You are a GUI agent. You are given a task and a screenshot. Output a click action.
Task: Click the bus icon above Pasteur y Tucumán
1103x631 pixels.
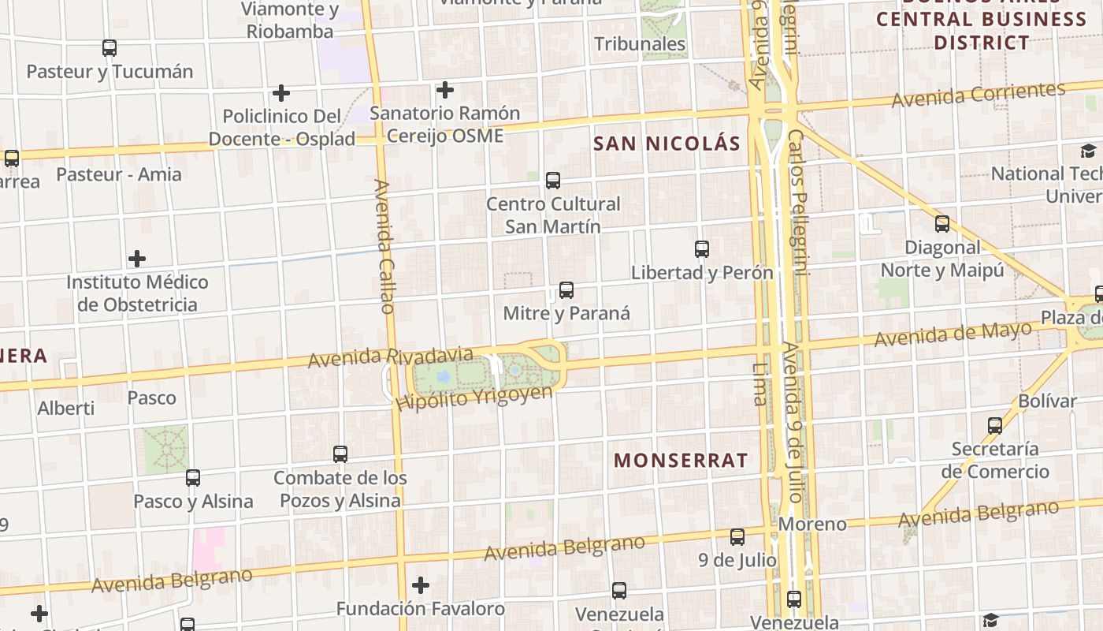[110, 48]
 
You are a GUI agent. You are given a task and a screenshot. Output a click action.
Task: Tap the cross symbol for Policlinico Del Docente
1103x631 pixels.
[281, 93]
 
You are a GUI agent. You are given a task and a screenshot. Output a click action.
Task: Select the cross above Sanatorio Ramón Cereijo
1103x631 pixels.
[445, 90]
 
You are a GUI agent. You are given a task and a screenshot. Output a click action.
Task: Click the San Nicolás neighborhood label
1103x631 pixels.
[667, 144]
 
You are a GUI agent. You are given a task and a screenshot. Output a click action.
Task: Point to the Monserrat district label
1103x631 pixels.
[681, 461]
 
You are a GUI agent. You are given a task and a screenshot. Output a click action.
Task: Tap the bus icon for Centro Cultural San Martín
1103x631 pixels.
[553, 181]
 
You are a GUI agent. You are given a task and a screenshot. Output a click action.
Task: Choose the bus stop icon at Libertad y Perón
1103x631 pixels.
[702, 249]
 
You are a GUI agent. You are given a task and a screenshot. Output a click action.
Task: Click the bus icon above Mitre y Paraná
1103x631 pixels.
[566, 290]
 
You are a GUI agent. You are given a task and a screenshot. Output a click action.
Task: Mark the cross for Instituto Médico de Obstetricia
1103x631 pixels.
[137, 259]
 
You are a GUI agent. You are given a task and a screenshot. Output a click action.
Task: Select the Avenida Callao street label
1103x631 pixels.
[384, 246]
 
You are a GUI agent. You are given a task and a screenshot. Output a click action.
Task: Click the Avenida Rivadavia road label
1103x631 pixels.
[390, 357]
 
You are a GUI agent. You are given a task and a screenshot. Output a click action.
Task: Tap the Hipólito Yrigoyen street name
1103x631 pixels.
[474, 398]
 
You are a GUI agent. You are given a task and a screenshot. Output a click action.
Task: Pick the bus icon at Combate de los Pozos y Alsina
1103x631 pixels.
[340, 454]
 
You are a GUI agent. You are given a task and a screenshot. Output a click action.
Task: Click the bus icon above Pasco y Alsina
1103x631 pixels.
[193, 478]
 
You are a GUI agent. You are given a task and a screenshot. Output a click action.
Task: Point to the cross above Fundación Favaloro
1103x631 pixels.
[421, 585]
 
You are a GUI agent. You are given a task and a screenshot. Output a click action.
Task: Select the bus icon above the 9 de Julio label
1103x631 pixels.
[737, 537]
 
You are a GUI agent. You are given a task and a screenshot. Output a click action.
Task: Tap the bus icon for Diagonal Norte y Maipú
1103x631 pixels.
[942, 224]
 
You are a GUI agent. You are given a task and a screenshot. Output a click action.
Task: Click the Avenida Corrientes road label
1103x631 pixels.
[979, 95]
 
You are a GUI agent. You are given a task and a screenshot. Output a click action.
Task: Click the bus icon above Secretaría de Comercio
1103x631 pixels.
[995, 426]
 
